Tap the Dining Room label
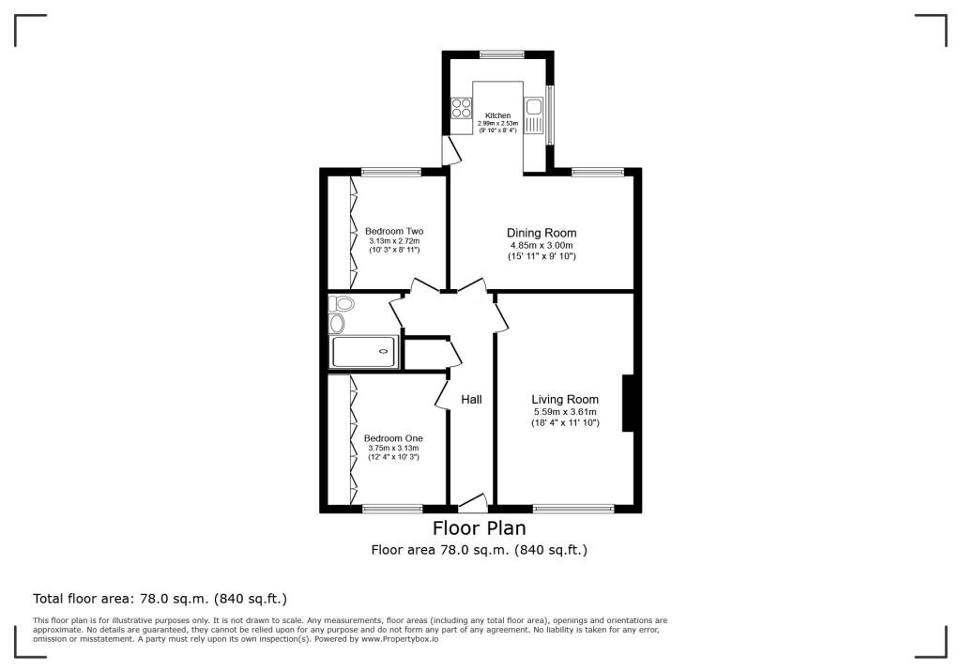[542, 233]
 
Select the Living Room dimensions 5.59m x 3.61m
[564, 412]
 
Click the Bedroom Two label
[394, 231]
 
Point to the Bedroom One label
[393, 438]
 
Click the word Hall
[471, 400]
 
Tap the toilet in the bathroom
[342, 303]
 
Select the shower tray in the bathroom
[365, 352]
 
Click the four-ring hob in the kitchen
[461, 108]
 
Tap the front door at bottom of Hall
[469, 502]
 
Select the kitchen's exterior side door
[450, 149]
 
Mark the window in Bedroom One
[391, 509]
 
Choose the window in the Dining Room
[598, 172]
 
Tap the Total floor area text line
[160, 598]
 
